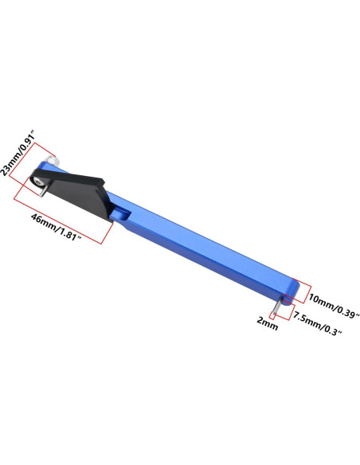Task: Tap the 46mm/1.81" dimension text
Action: pyautogui.click(x=57, y=227)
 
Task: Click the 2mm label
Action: pyautogui.click(x=268, y=323)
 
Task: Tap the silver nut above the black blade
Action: pyautogui.click(x=53, y=162)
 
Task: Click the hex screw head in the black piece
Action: pyautogui.click(x=37, y=182)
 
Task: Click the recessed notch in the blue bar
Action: pyautogui.click(x=121, y=214)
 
